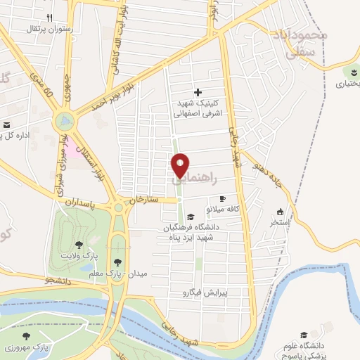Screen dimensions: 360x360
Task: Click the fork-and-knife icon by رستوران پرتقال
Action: [49, 18]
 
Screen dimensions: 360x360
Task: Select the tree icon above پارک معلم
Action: [126, 262]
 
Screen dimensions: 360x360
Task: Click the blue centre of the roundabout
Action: [65, 121]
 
